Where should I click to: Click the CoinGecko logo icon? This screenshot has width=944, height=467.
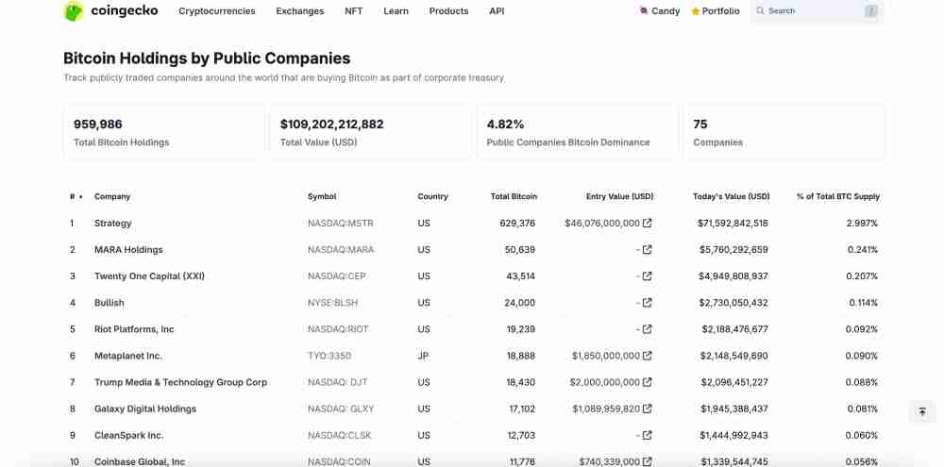pyautogui.click(x=74, y=11)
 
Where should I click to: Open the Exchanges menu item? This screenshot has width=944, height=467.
pyautogui.click(x=299, y=11)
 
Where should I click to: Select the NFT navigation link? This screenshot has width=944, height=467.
pyautogui.click(x=354, y=11)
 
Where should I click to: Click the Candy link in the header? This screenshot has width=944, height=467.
pyautogui.click(x=660, y=11)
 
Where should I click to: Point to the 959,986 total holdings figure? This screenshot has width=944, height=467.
pyautogui.click(x=98, y=125)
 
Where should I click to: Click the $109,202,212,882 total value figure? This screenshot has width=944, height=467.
pyautogui.click(x=331, y=125)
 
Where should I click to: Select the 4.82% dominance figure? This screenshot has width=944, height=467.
pyautogui.click(x=505, y=125)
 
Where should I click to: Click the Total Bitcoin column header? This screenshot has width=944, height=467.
pyautogui.click(x=514, y=196)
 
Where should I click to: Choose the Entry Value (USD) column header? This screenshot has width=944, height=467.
pyautogui.click(x=619, y=196)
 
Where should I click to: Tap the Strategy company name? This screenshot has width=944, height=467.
pyautogui.click(x=113, y=224)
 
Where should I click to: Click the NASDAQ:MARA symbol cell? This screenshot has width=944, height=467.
pyautogui.click(x=341, y=250)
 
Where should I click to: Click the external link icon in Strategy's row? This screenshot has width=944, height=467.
pyautogui.click(x=647, y=224)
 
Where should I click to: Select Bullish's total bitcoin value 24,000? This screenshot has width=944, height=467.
pyautogui.click(x=519, y=303)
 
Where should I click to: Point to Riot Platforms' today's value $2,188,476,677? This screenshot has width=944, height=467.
pyautogui.click(x=734, y=329)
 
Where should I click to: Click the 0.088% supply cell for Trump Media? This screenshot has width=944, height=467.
pyautogui.click(x=862, y=382)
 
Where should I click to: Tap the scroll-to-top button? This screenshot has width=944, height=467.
pyautogui.click(x=921, y=412)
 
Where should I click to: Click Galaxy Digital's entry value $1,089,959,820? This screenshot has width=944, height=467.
pyautogui.click(x=605, y=409)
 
